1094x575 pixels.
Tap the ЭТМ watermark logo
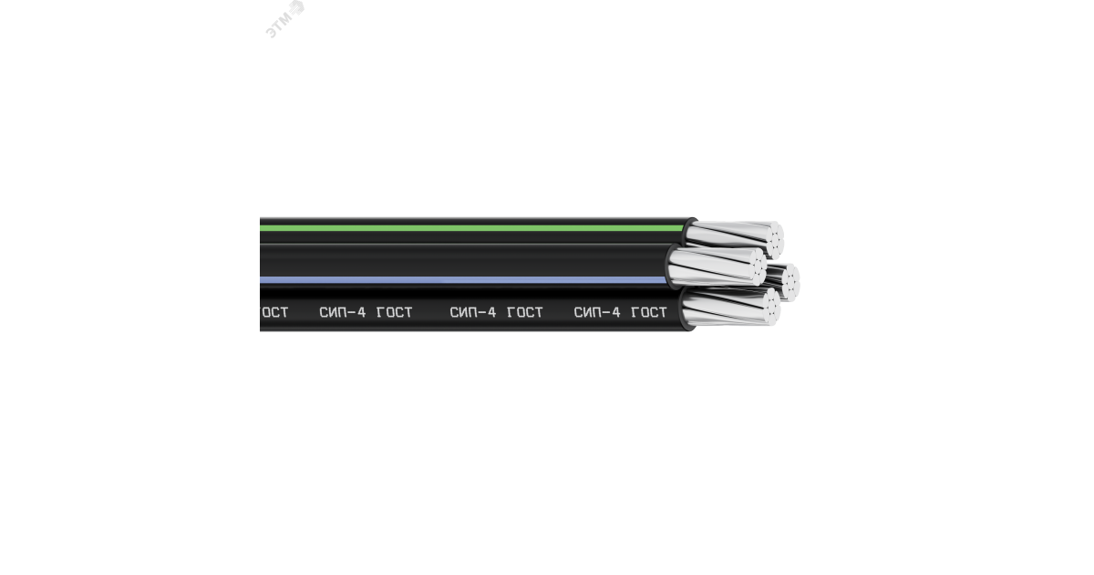click(x=284, y=17)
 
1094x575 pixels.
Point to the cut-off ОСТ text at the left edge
click(x=274, y=312)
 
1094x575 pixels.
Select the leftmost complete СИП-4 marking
click(x=342, y=312)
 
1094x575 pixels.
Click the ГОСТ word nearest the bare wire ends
click(x=648, y=312)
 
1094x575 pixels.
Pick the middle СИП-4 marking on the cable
click(x=473, y=312)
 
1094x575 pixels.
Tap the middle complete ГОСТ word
click(x=525, y=312)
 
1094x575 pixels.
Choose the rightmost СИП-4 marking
click(x=597, y=312)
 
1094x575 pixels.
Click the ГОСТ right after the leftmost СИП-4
click(x=394, y=312)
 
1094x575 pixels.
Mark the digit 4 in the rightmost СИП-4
click(x=616, y=312)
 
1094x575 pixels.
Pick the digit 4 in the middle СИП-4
click(x=492, y=312)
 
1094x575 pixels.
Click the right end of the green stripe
click(x=682, y=227)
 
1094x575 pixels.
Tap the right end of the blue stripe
click(x=664, y=279)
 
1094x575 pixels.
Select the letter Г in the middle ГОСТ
click(x=511, y=312)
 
